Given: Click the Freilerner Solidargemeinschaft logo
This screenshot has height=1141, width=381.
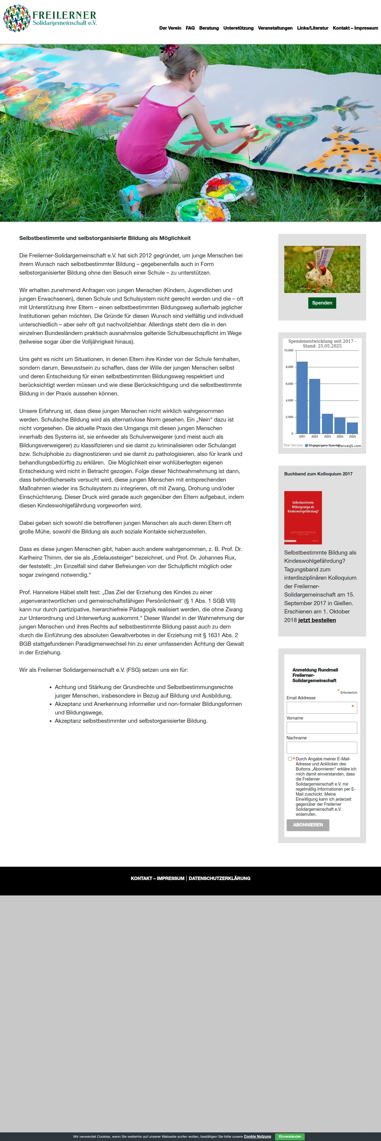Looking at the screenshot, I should pyautogui.click(x=50, y=19).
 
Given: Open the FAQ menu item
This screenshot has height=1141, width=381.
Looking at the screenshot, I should pyautogui.click(x=190, y=28).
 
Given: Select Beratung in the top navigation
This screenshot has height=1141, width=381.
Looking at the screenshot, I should pyautogui.click(x=209, y=28).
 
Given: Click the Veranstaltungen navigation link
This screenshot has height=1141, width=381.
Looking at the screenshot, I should pyautogui.click(x=275, y=28).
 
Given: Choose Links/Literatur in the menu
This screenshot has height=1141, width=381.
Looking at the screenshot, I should pyautogui.click(x=313, y=28).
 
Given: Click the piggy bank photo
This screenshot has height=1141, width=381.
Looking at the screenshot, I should pyautogui.click(x=322, y=269).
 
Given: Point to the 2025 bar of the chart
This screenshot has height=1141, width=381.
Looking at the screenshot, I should pyautogui.click(x=352, y=427).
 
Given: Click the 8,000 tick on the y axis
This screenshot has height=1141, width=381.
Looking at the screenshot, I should pyautogui.click(x=289, y=367).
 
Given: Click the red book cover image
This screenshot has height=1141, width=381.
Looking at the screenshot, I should pyautogui.click(x=303, y=517).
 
